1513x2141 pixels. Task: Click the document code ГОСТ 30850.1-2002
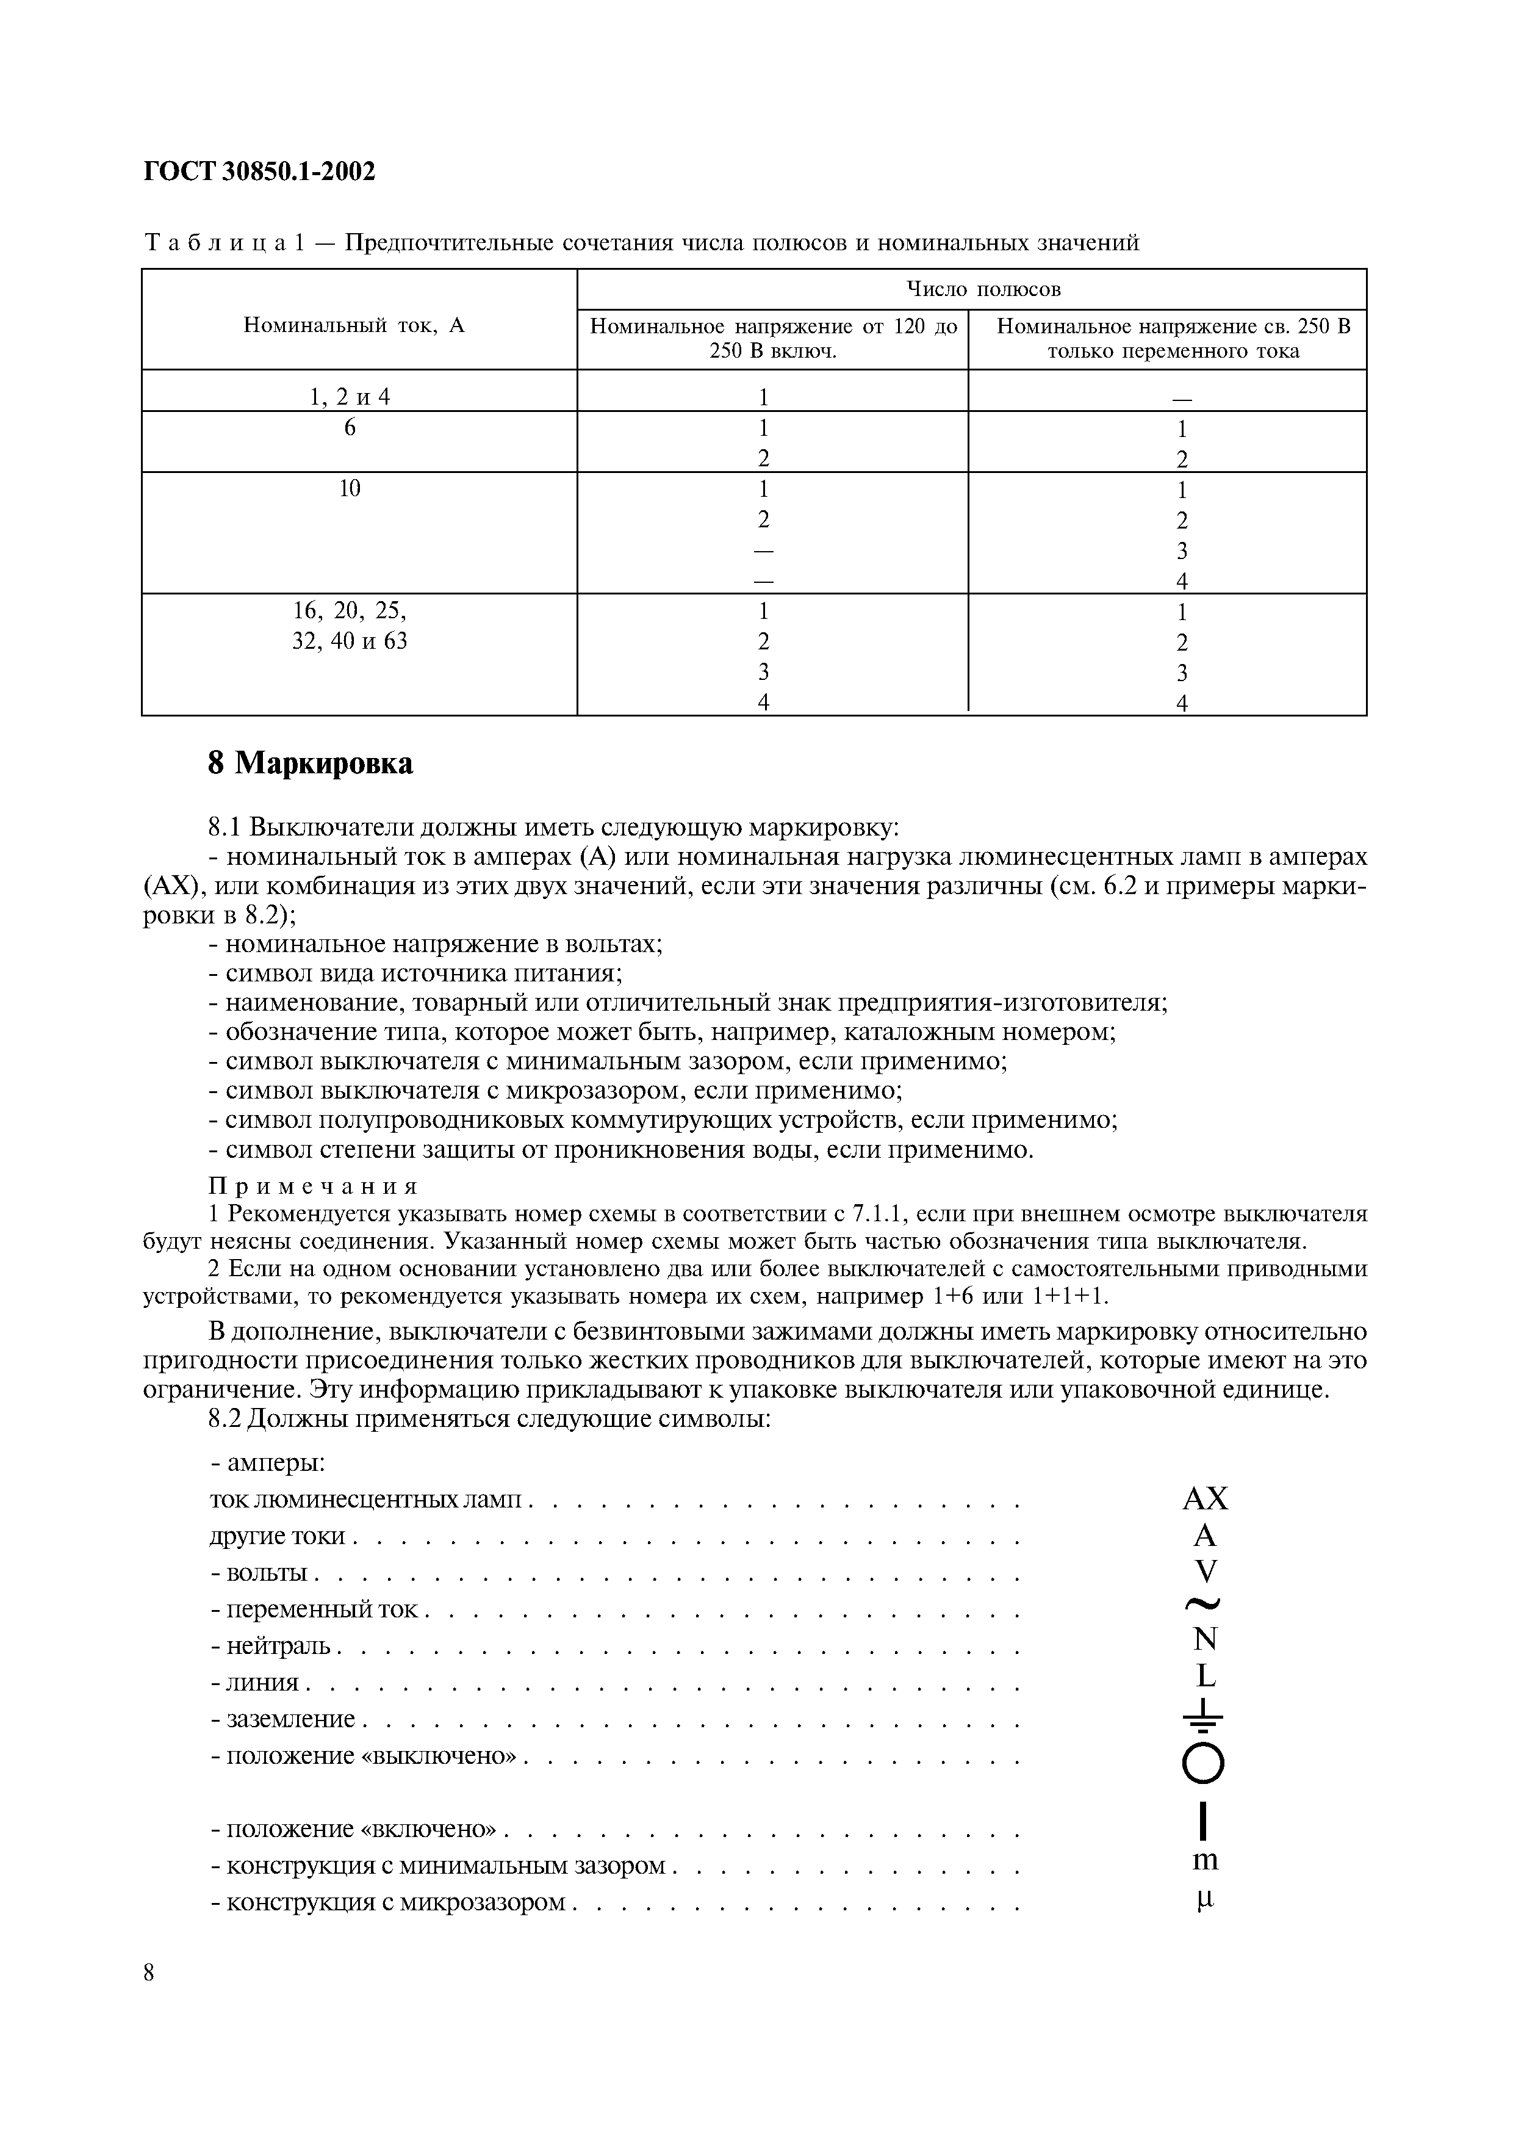tap(260, 171)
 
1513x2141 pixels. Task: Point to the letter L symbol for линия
tap(1206, 1677)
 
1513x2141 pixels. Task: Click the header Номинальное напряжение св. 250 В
tap(1173, 327)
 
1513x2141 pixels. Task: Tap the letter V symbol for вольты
tap(1206, 1571)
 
